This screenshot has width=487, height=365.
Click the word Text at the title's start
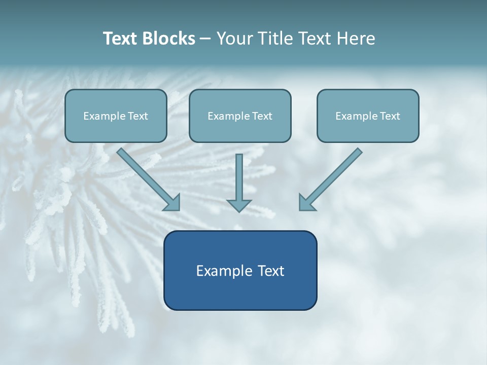pyautogui.click(x=120, y=39)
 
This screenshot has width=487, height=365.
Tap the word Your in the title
pyautogui.click(x=235, y=39)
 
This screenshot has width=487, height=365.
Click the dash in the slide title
pyautogui.click(x=205, y=39)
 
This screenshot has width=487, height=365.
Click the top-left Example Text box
pyautogui.click(x=116, y=116)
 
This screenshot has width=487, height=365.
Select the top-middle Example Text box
pyautogui.click(x=240, y=116)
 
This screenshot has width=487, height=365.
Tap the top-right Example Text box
pyautogui.click(x=368, y=116)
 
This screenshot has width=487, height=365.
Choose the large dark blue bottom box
pyautogui.click(x=240, y=270)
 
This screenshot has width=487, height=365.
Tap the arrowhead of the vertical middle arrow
pyautogui.click(x=239, y=205)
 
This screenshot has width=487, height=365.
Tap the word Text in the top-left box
pyautogui.click(x=138, y=116)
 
